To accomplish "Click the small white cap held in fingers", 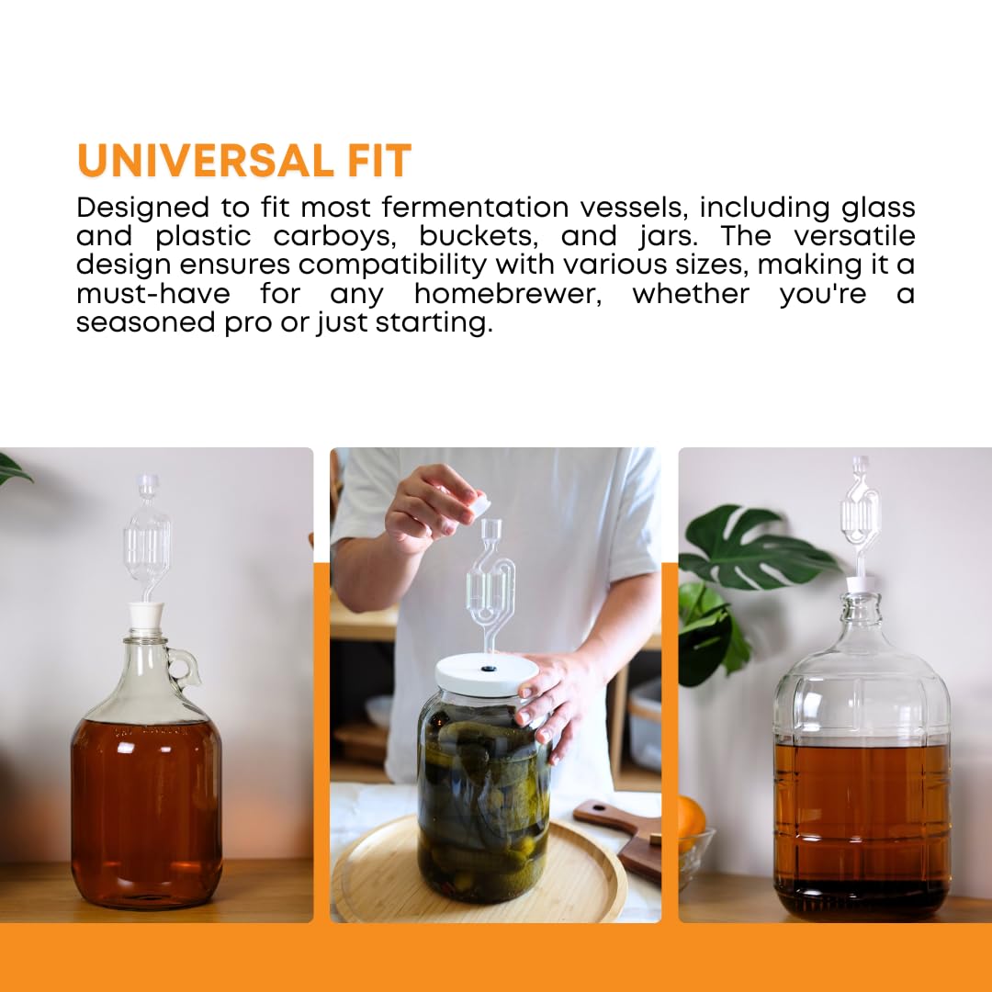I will tap(476, 503).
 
